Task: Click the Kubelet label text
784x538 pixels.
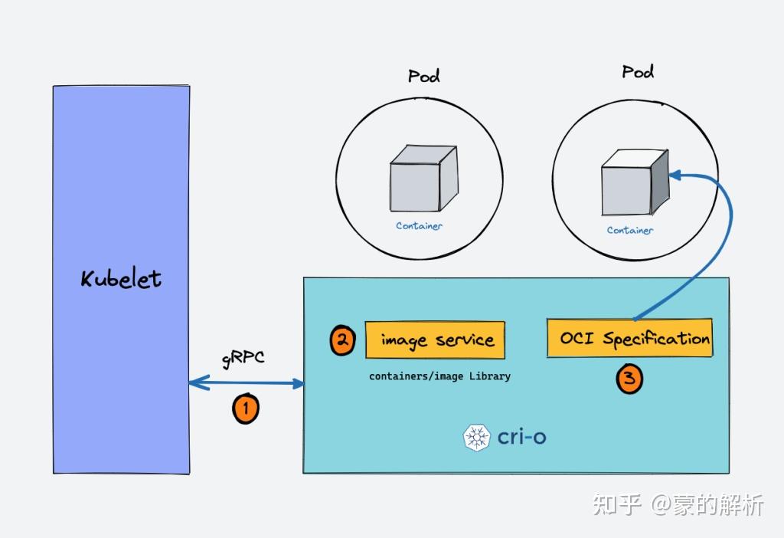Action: tap(121, 278)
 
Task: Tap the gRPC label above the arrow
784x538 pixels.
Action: tap(243, 359)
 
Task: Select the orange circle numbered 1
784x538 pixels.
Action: tap(246, 408)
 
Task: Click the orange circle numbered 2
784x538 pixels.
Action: tap(342, 340)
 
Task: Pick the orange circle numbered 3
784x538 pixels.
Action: tap(629, 379)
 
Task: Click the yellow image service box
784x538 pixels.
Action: tap(435, 340)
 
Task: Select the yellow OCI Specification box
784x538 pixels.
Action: tap(629, 338)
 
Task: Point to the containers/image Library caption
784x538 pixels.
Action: tap(439, 376)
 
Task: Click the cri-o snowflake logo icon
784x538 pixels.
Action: tap(476, 438)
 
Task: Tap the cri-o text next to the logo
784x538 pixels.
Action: tap(522, 438)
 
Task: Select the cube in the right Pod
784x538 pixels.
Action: tap(634, 182)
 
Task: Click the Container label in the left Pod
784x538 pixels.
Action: tap(419, 226)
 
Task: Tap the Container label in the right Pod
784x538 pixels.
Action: tap(630, 230)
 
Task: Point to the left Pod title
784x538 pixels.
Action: tap(423, 76)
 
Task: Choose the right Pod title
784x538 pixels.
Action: tap(638, 72)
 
